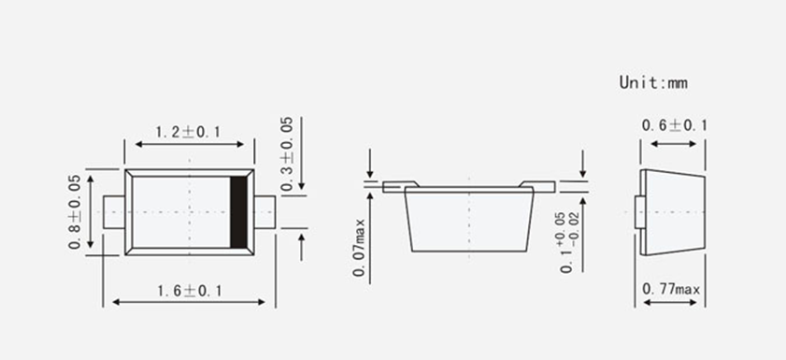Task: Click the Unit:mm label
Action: point(653,82)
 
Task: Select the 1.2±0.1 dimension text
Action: point(188,133)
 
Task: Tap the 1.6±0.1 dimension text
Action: point(190,291)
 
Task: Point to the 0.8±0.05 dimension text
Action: point(75,211)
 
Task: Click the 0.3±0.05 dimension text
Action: point(287,154)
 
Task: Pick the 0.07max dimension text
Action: point(360,247)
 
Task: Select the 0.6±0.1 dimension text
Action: point(674,125)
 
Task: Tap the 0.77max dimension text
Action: point(671,289)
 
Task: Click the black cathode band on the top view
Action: point(238,212)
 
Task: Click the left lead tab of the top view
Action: point(114,212)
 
